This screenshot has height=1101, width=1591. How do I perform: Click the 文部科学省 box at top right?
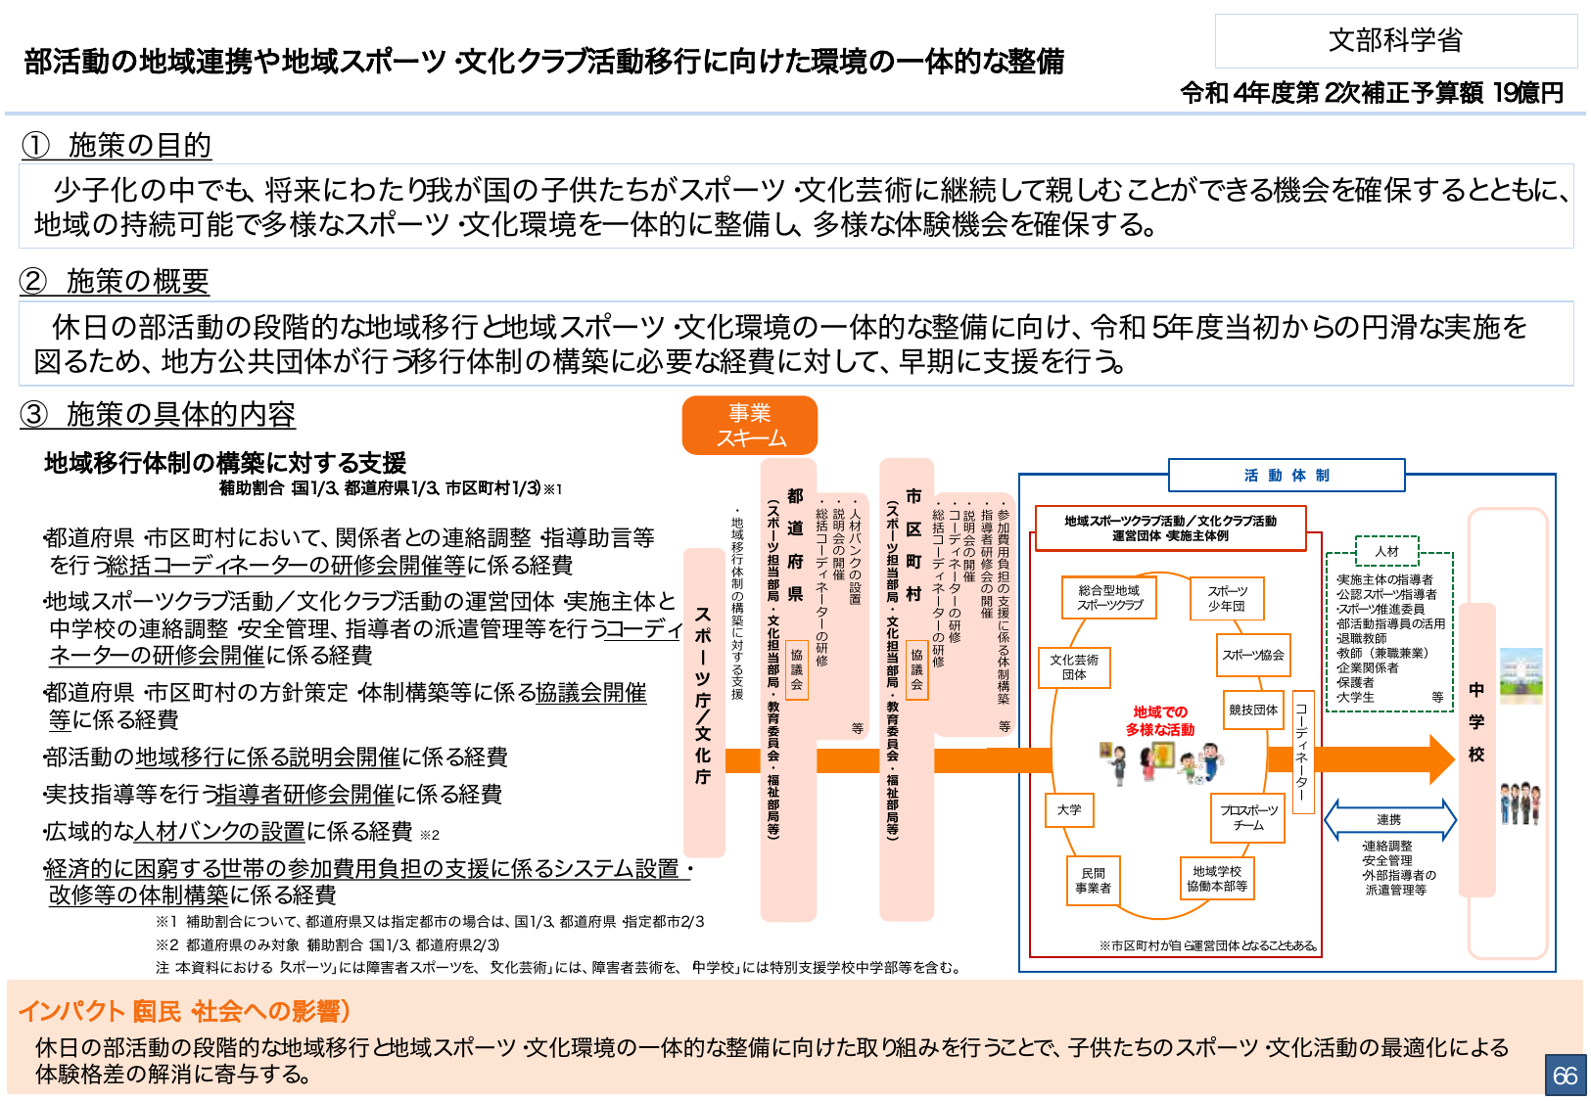1395,41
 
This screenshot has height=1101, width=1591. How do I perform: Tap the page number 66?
1565,1076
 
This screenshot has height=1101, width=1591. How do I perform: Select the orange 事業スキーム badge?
750,426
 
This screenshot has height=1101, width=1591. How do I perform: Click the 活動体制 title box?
1287,476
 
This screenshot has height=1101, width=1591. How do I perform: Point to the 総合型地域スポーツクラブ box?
1109,598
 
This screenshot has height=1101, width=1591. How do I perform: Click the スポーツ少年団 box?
1227,598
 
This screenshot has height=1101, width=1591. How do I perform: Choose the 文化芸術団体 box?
1074,667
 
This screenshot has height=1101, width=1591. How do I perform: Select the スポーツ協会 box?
1253,655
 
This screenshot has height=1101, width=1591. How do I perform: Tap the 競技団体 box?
1253,710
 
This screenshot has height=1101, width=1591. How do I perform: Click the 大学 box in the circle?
1069,810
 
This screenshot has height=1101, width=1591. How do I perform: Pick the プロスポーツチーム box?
1248,818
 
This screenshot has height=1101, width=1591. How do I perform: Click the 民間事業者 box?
1093,881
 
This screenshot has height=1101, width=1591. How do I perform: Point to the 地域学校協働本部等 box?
1217,879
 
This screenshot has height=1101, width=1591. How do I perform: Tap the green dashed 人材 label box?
1386,551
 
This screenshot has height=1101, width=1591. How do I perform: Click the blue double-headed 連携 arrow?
1389,820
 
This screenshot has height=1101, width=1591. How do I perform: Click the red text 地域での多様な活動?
1160,721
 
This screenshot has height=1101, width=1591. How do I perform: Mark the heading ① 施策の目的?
117,146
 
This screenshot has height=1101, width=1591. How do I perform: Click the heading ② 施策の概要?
115,282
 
